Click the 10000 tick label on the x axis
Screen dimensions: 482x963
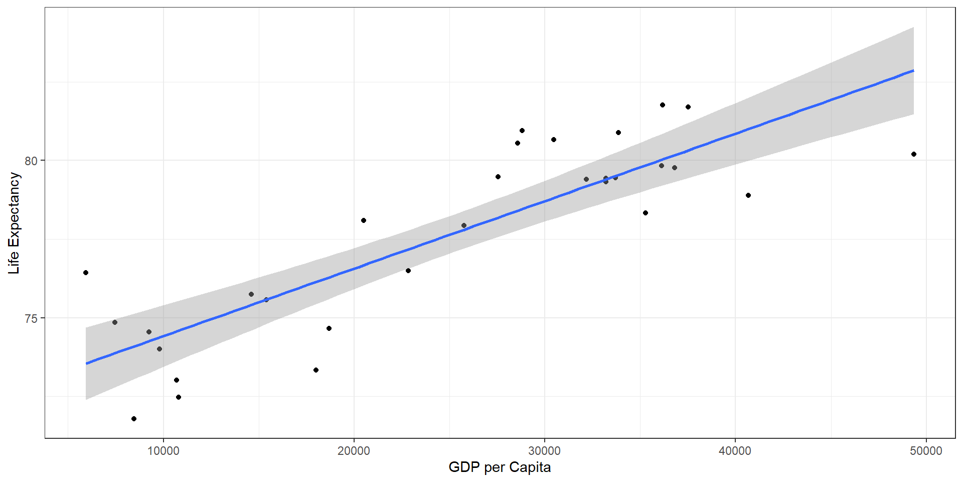pyautogui.click(x=163, y=450)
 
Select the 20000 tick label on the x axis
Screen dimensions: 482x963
pyautogui.click(x=354, y=450)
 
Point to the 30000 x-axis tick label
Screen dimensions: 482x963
pyautogui.click(x=544, y=450)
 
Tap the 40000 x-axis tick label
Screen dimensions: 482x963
pyautogui.click(x=735, y=450)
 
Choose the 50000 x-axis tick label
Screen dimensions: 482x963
pyautogui.click(x=926, y=450)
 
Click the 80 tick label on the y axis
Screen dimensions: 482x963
pyautogui.click(x=31, y=161)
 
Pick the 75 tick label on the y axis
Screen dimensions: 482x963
pyautogui.click(x=31, y=318)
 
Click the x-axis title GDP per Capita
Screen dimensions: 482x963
pyautogui.click(x=500, y=467)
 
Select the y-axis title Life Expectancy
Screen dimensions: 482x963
pyautogui.click(x=14, y=223)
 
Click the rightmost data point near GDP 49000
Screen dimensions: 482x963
pyautogui.click(x=914, y=154)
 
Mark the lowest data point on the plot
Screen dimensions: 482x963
pyautogui.click(x=134, y=419)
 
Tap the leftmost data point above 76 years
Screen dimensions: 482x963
pyautogui.click(x=86, y=273)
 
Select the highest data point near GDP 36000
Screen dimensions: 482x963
pyautogui.click(x=663, y=105)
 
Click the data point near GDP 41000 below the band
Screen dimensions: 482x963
pyautogui.click(x=748, y=195)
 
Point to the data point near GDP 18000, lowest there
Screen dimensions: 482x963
pyautogui.click(x=316, y=370)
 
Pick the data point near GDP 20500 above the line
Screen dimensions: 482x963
pyautogui.click(x=364, y=220)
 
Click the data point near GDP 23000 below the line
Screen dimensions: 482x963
pyautogui.click(x=408, y=271)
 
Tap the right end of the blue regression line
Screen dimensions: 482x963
pyautogui.click(x=913, y=71)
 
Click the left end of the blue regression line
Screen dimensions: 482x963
pyautogui.click(x=87, y=363)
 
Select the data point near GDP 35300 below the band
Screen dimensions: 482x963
pyautogui.click(x=646, y=213)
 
